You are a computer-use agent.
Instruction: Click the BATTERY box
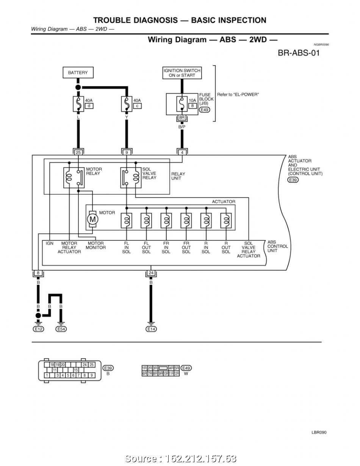[78, 72]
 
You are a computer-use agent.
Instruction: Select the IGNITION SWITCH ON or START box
[182, 73]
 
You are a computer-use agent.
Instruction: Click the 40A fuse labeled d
[78, 104]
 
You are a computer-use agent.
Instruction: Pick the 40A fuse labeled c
[127, 104]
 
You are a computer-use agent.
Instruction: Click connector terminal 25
[78, 152]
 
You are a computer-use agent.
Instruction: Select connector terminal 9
[127, 152]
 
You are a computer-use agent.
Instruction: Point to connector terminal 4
[182, 152]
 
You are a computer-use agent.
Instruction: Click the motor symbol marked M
[92, 219]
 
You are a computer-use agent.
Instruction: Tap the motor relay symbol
[74, 177]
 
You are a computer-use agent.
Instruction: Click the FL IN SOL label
[127, 248]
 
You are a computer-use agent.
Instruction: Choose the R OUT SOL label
[226, 248]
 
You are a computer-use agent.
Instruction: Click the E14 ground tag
[151, 329]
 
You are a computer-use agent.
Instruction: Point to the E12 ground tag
[38, 329]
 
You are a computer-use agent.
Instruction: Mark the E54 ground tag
[61, 329]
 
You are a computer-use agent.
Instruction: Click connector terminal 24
[151, 273]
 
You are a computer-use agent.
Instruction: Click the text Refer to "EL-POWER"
[238, 94]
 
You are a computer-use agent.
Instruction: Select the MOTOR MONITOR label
[95, 245]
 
